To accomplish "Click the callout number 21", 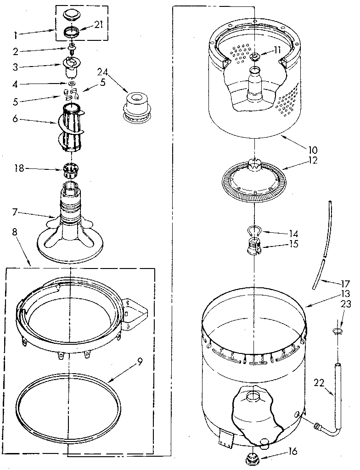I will pos(98,25).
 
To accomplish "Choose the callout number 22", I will pos(319,381).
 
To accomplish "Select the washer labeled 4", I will pos(72,84).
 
